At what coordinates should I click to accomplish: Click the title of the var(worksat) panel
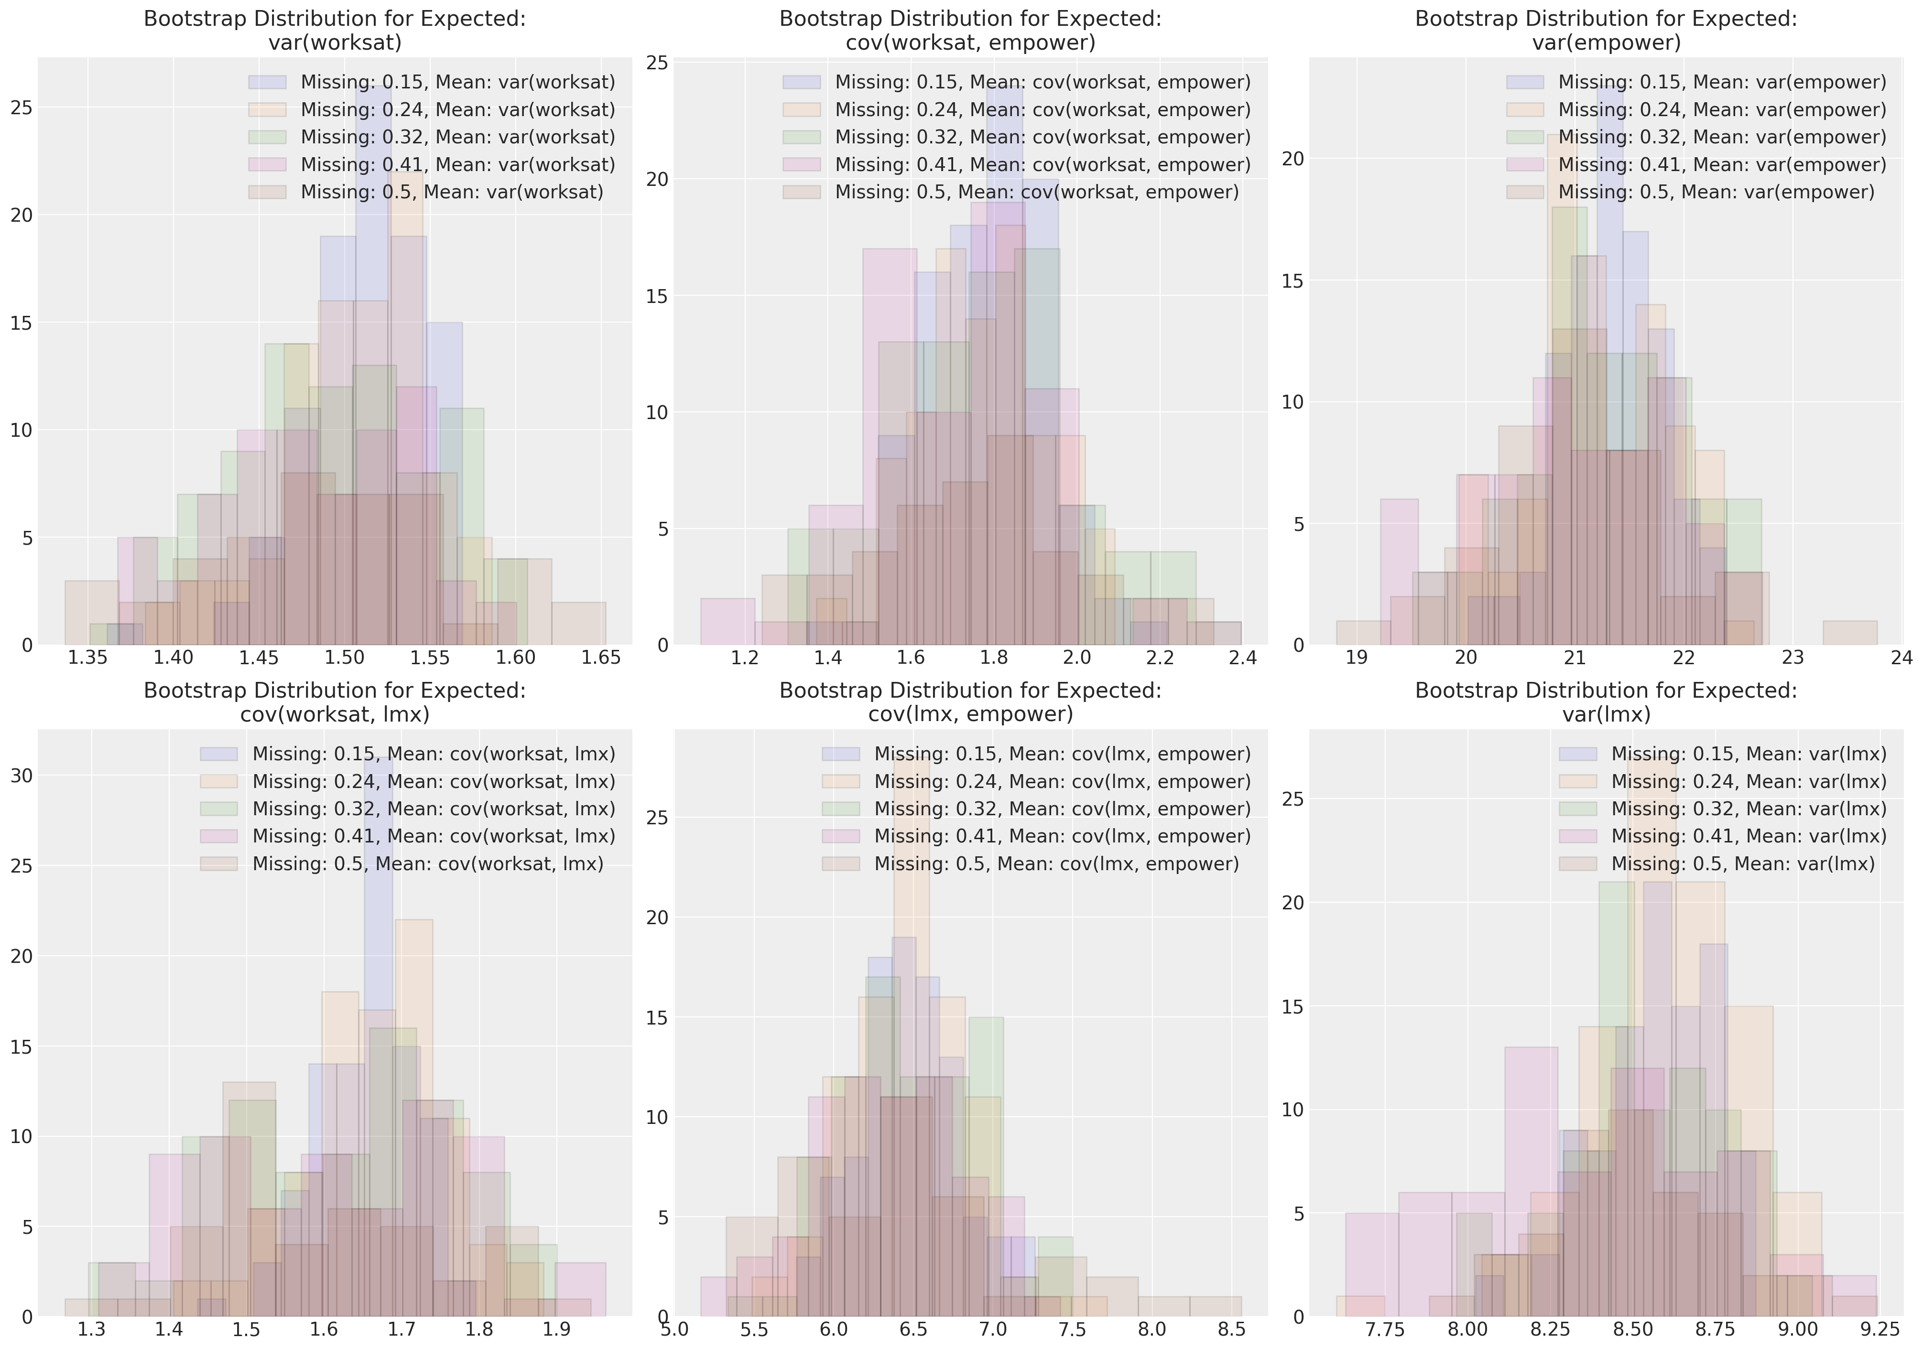click(x=335, y=30)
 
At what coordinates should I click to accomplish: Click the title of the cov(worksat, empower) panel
click(x=970, y=30)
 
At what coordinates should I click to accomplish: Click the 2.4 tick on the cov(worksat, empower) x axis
click(x=1243, y=658)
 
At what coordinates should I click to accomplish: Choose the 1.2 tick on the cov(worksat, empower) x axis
click(x=745, y=658)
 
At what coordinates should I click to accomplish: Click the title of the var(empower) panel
click(x=1606, y=30)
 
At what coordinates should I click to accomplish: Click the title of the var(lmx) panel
click(x=1606, y=701)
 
